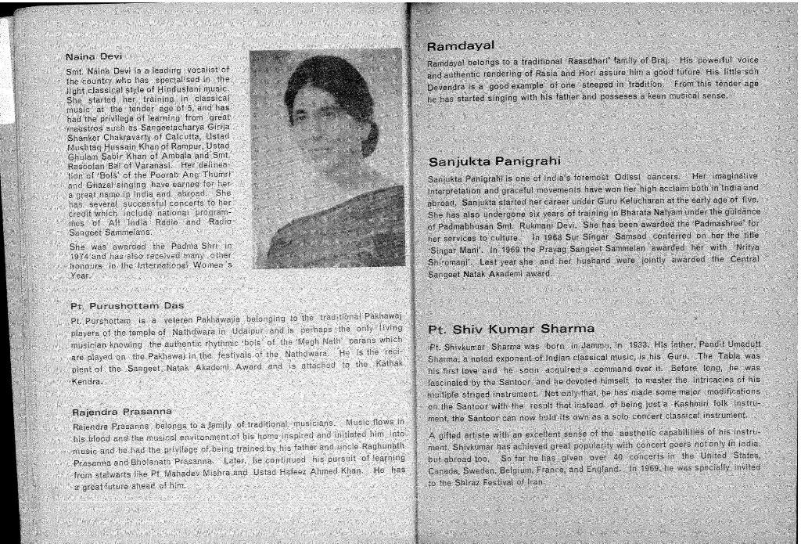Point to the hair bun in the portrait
click(x=368, y=133)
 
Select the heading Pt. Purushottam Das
click(x=127, y=305)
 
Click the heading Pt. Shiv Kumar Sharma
click(x=512, y=328)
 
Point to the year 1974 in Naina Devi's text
click(x=83, y=256)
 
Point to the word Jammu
click(x=591, y=344)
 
